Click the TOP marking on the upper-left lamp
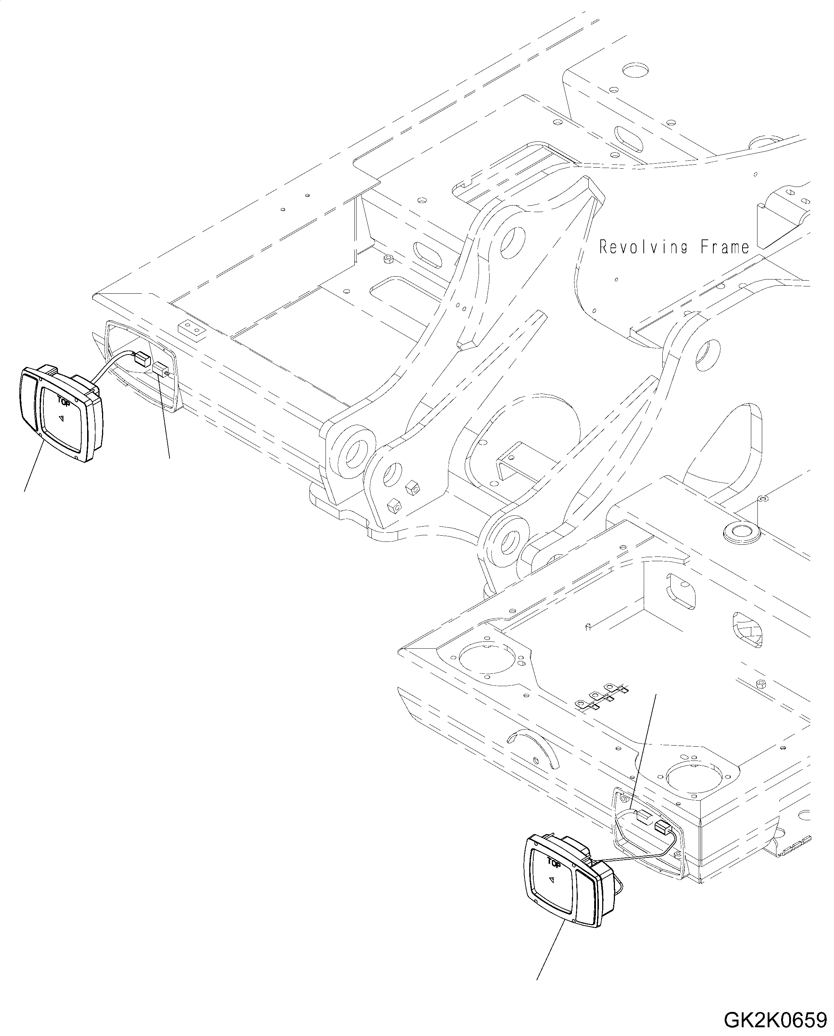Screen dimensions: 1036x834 tap(63, 400)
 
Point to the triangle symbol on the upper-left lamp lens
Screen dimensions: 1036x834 tap(61, 419)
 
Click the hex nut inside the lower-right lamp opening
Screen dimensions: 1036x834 tap(624, 798)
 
